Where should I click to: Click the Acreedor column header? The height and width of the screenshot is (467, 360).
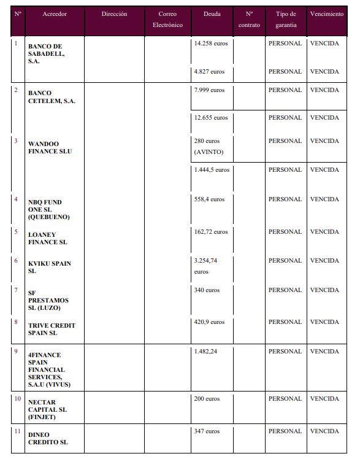point(55,14)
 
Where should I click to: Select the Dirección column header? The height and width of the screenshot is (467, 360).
point(115,14)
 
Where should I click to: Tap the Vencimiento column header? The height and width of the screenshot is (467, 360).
point(327,14)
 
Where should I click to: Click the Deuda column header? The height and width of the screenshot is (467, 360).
point(212,14)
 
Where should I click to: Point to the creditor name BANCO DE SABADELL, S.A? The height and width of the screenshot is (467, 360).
point(46,54)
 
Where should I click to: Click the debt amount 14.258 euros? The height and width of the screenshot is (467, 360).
point(211,44)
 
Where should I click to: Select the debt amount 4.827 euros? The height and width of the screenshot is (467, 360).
point(209,71)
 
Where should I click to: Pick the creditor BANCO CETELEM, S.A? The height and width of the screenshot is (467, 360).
point(52,97)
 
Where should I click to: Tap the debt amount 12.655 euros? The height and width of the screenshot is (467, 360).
point(211,117)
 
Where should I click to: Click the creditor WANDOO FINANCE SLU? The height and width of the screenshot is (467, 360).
point(50,147)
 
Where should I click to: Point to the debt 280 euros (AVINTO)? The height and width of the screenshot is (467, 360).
point(209,146)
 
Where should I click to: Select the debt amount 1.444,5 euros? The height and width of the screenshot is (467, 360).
point(212,169)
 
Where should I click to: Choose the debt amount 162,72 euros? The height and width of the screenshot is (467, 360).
point(210,231)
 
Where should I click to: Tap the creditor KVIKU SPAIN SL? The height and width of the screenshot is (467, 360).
point(50,267)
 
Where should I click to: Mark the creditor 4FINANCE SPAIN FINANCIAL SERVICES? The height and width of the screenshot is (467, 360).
point(50,369)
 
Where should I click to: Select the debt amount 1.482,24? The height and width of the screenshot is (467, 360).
point(206,351)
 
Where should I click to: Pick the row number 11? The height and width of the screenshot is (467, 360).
point(17,431)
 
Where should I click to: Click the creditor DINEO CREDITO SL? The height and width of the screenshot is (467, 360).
point(48,438)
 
